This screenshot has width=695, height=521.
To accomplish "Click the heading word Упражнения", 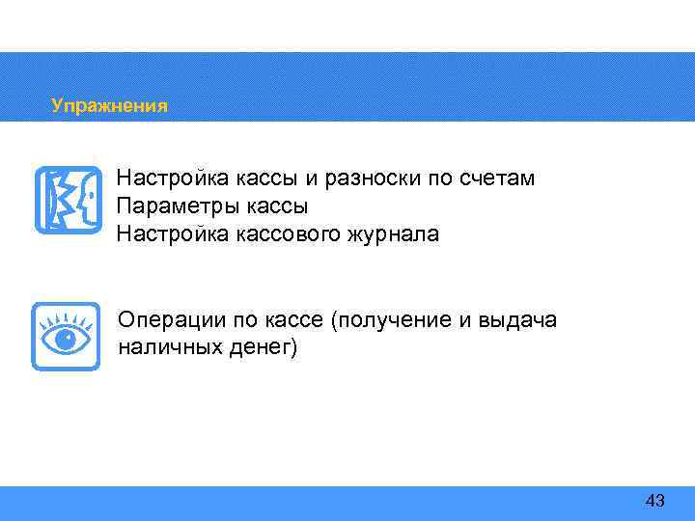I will (x=109, y=106).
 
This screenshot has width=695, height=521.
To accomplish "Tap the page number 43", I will (x=654, y=501).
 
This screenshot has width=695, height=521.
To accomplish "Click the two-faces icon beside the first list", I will (x=68, y=200).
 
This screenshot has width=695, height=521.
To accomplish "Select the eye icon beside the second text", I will (x=66, y=337).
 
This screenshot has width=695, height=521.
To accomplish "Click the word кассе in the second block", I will (x=294, y=320).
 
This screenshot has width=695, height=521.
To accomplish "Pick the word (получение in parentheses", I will (x=389, y=320).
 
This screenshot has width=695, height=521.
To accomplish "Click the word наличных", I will (x=167, y=348).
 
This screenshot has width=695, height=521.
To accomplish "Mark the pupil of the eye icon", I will (x=66, y=340).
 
